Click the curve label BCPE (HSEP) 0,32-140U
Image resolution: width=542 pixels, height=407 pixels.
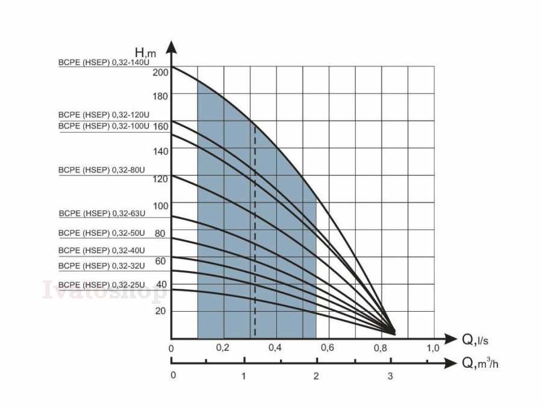[x=104, y=62]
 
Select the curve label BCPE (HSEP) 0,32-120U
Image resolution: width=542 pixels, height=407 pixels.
[x=104, y=115]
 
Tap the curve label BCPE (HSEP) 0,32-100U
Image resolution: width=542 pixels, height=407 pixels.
[x=104, y=126]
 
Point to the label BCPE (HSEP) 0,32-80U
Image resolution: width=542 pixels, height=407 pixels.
[x=102, y=170]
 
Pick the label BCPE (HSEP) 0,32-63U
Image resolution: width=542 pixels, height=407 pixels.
[x=102, y=213]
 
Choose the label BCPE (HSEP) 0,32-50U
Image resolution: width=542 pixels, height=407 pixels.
[x=102, y=233]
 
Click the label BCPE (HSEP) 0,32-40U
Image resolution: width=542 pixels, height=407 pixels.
[x=102, y=250]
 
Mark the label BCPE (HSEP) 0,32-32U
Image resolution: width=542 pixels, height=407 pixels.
[x=102, y=266]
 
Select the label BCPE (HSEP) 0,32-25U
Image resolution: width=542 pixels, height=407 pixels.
[x=102, y=285]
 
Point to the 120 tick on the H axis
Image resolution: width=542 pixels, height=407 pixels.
[x=161, y=179]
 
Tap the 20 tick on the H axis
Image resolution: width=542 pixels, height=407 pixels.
[x=161, y=311]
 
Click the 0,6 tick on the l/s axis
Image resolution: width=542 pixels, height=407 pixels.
[x=328, y=348]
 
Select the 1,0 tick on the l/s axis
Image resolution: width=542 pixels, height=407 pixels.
[x=433, y=348]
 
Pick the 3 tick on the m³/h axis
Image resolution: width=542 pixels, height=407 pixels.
[x=390, y=376]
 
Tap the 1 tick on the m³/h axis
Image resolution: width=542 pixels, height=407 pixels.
[x=244, y=376]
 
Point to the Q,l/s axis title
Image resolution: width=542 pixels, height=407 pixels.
[x=475, y=340]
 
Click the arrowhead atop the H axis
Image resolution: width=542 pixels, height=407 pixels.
[x=172, y=48]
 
